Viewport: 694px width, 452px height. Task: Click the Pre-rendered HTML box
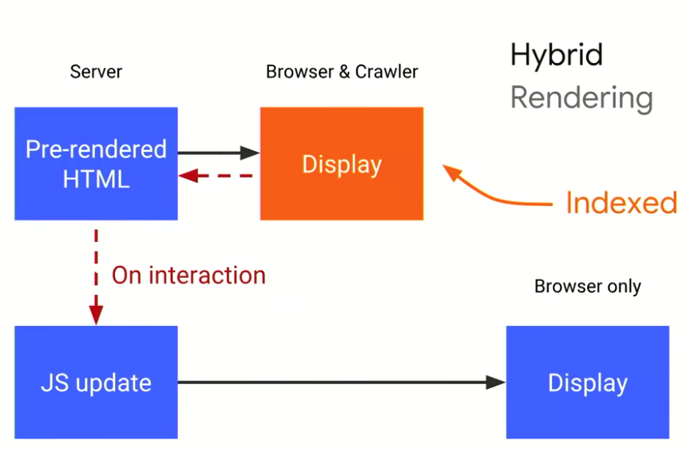(x=96, y=164)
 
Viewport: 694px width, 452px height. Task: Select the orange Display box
(x=342, y=164)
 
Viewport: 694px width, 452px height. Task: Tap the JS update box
(x=96, y=382)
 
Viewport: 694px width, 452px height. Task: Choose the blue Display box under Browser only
(x=587, y=382)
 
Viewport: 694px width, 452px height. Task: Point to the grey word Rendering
(x=581, y=98)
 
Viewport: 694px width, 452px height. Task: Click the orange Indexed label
(x=621, y=203)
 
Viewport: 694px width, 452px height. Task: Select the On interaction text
(x=188, y=276)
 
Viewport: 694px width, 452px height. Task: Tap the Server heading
(x=96, y=72)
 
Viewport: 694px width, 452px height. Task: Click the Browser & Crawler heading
(x=342, y=72)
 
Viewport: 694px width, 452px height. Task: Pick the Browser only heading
(x=587, y=286)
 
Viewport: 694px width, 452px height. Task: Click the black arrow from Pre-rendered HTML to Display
(x=218, y=152)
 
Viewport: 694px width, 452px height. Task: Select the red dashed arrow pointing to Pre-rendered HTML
(x=218, y=176)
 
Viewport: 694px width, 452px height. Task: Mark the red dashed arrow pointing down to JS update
(x=96, y=276)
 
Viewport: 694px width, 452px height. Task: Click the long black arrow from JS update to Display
(x=341, y=383)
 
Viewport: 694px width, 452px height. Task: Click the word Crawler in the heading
(x=387, y=72)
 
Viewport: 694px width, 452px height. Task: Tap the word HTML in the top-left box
(x=96, y=179)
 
